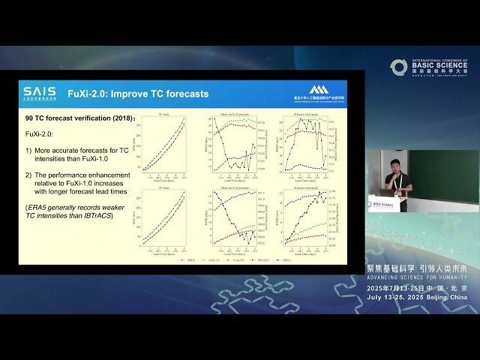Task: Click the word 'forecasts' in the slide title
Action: [x=184, y=94]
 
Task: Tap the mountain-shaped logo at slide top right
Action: [x=319, y=89]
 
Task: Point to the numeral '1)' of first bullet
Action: [x=29, y=151]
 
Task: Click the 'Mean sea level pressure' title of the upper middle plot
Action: [x=235, y=114]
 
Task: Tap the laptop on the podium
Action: [x=385, y=192]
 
